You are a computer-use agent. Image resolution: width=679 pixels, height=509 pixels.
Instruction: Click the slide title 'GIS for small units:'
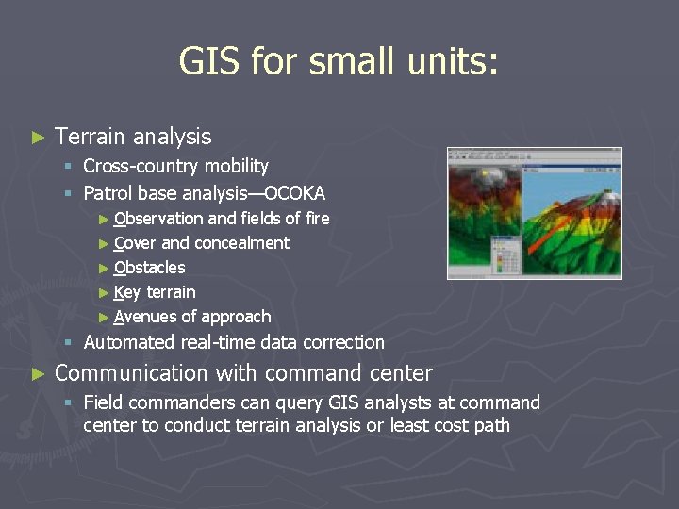click(339, 63)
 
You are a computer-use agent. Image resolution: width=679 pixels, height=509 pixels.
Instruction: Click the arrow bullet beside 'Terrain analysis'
click(38, 138)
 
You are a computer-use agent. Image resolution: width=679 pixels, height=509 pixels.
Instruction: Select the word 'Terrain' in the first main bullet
click(91, 137)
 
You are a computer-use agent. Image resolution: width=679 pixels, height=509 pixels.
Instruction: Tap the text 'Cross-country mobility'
click(175, 167)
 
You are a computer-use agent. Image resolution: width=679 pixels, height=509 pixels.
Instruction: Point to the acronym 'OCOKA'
click(294, 194)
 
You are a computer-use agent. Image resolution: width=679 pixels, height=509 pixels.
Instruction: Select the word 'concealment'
click(241, 243)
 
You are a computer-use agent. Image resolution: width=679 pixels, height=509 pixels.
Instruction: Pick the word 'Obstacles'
click(149, 268)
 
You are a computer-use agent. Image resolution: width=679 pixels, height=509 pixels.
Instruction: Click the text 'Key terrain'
click(154, 292)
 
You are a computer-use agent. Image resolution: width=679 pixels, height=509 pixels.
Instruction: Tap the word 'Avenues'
click(144, 317)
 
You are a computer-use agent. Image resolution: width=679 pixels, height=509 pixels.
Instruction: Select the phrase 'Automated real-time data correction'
click(234, 342)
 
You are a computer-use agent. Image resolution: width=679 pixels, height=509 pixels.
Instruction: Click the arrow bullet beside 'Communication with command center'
click(38, 374)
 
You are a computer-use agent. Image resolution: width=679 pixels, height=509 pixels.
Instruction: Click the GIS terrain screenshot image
click(534, 213)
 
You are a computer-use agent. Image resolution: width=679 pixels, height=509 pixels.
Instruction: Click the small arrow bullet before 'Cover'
click(104, 243)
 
